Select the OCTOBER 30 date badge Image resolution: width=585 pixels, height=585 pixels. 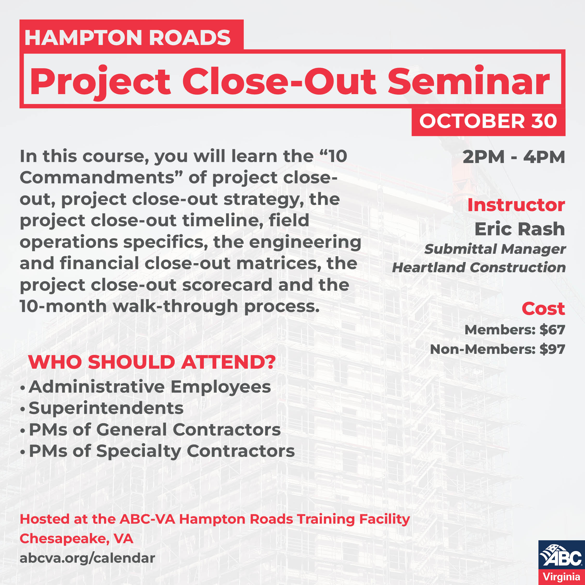488,121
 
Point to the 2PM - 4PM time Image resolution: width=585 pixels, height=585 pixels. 513,157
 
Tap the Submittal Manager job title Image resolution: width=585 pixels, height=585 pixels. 495,249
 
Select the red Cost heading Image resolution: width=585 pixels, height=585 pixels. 543,309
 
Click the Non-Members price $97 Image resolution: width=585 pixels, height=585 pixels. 552,349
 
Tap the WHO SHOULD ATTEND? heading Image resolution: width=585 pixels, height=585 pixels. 152,362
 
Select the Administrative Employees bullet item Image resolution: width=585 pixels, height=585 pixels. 149,387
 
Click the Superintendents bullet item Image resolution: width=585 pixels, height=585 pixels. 106,408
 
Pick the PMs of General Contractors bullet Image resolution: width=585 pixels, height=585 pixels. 155,430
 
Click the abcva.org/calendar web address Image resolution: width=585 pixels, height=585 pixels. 87,558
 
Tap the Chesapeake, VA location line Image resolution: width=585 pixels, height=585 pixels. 76,539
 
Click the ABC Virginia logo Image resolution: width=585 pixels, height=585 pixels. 561,562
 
